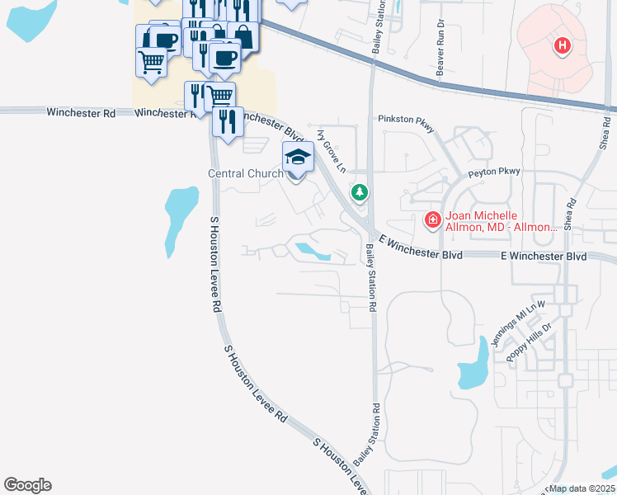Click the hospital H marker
pyautogui.click(x=563, y=45)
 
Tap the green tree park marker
pyautogui.click(x=360, y=193)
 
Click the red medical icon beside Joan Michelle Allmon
pyautogui.click(x=431, y=219)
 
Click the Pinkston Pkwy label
pyautogui.click(x=404, y=119)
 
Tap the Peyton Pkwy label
pyautogui.click(x=494, y=172)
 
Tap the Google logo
pyautogui.click(x=27, y=485)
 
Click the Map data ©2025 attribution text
pyautogui.click(x=582, y=488)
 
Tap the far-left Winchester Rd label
pyautogui.click(x=81, y=112)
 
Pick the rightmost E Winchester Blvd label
pyautogui.click(x=544, y=257)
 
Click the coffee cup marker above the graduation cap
pyautogui.click(x=224, y=57)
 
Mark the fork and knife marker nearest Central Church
pyautogui.click(x=227, y=120)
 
